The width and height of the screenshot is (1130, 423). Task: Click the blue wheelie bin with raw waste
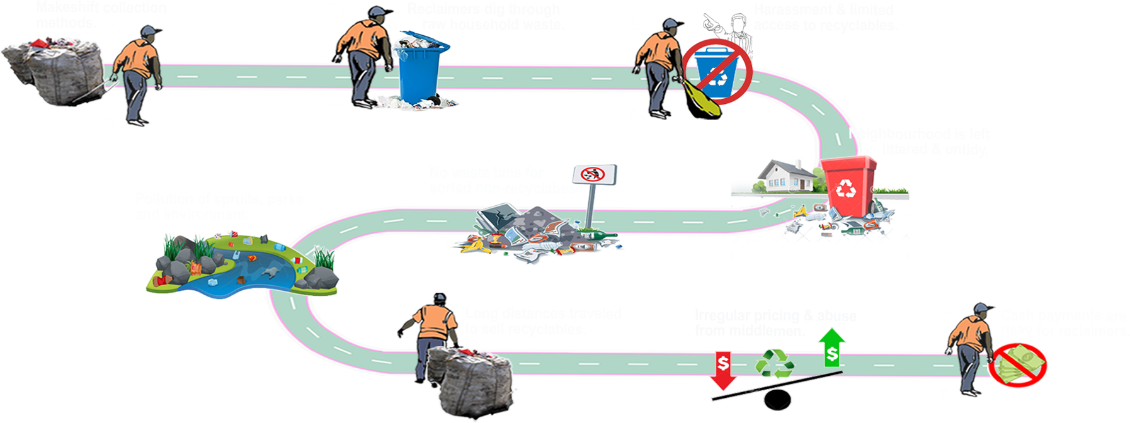pyautogui.click(x=419, y=69)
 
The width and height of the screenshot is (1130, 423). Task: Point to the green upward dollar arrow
pyautogui.click(x=832, y=349)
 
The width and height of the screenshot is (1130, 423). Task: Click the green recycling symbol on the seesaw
pyautogui.click(x=775, y=364)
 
